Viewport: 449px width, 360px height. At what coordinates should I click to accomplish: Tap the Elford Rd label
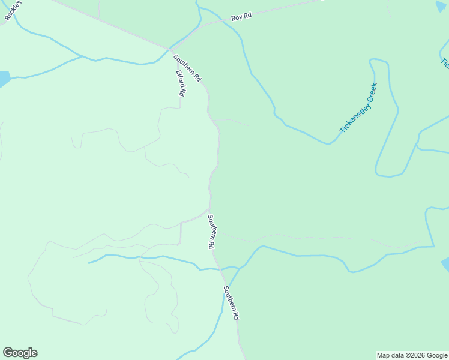pyautogui.click(x=180, y=83)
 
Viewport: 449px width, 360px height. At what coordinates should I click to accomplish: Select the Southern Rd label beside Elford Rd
pyautogui.click(x=187, y=68)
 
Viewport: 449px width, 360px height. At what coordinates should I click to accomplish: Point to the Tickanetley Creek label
pyautogui.click(x=357, y=108)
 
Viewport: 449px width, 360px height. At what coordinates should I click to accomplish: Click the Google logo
pyautogui.click(x=20, y=353)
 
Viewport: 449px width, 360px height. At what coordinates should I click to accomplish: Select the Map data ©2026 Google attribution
pyautogui.click(x=412, y=355)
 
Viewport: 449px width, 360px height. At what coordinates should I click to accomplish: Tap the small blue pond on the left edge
pyautogui.click(x=4, y=79)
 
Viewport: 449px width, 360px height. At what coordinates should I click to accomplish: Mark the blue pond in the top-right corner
pyautogui.click(x=441, y=6)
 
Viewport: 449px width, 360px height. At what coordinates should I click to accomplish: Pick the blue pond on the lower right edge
pyautogui.click(x=445, y=265)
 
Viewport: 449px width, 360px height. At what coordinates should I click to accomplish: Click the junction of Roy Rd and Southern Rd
pyautogui.click(x=169, y=49)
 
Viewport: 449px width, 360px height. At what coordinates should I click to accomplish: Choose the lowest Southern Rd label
pyautogui.click(x=232, y=302)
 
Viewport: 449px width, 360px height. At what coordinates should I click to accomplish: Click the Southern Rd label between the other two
pyautogui.click(x=211, y=232)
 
